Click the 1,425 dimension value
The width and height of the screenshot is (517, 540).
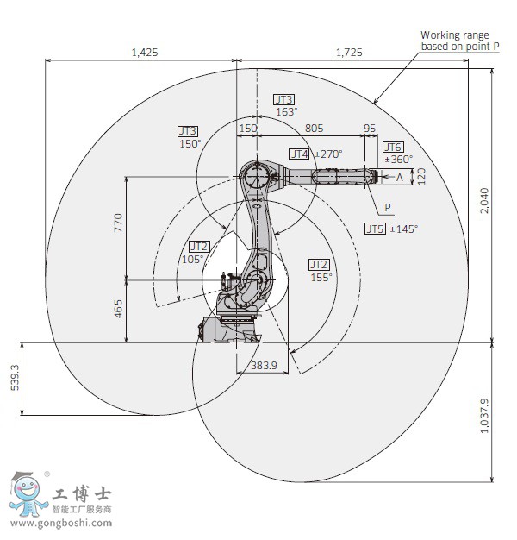[145, 53]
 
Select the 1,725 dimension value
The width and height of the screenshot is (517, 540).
[349, 53]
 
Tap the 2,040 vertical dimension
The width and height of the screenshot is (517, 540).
[484, 201]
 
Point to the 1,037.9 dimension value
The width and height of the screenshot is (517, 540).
[484, 416]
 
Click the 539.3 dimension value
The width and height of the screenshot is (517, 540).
[16, 378]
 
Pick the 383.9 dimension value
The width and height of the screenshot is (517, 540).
[264, 366]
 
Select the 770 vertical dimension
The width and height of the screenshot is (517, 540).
[118, 223]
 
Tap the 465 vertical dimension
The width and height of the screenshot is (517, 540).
[118, 309]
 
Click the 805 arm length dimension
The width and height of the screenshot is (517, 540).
[314, 129]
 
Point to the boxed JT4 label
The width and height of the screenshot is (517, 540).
[299, 154]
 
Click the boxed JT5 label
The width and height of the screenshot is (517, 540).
[375, 229]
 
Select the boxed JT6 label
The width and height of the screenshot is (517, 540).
[393, 147]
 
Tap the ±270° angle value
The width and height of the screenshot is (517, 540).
[328, 154]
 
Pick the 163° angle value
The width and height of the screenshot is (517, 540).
[287, 112]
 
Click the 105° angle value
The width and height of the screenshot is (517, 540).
[192, 259]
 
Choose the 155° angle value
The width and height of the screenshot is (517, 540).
[321, 277]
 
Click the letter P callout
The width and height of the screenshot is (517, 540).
[388, 207]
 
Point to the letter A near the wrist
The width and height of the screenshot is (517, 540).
[399, 178]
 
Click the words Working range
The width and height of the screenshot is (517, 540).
[455, 35]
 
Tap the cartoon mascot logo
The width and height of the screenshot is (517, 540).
[28, 494]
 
